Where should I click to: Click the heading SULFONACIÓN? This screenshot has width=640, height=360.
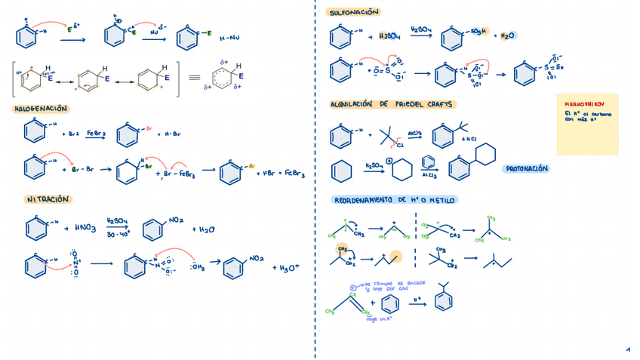(x=353, y=13)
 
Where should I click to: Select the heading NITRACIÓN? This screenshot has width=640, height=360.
(x=48, y=199)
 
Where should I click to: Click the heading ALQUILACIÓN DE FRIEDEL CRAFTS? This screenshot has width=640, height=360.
(x=392, y=104)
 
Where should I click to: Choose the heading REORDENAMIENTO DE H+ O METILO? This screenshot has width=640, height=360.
(x=395, y=200)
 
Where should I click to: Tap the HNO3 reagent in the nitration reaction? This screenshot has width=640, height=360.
(x=83, y=227)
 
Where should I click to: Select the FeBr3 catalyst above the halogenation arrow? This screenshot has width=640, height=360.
(x=95, y=132)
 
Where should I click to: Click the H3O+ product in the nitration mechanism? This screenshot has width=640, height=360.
(x=289, y=268)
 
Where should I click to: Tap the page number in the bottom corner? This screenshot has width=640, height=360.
(x=627, y=349)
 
